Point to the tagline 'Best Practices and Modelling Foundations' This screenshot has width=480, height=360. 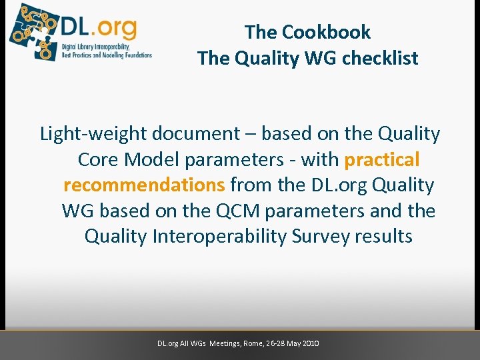pos(107,55)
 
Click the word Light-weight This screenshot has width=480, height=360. pos(94,134)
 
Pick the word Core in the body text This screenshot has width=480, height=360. pos(99,160)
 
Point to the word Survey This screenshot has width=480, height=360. pos(317,237)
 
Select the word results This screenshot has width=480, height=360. pos(384,237)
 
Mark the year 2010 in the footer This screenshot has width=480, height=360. pos(311,343)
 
